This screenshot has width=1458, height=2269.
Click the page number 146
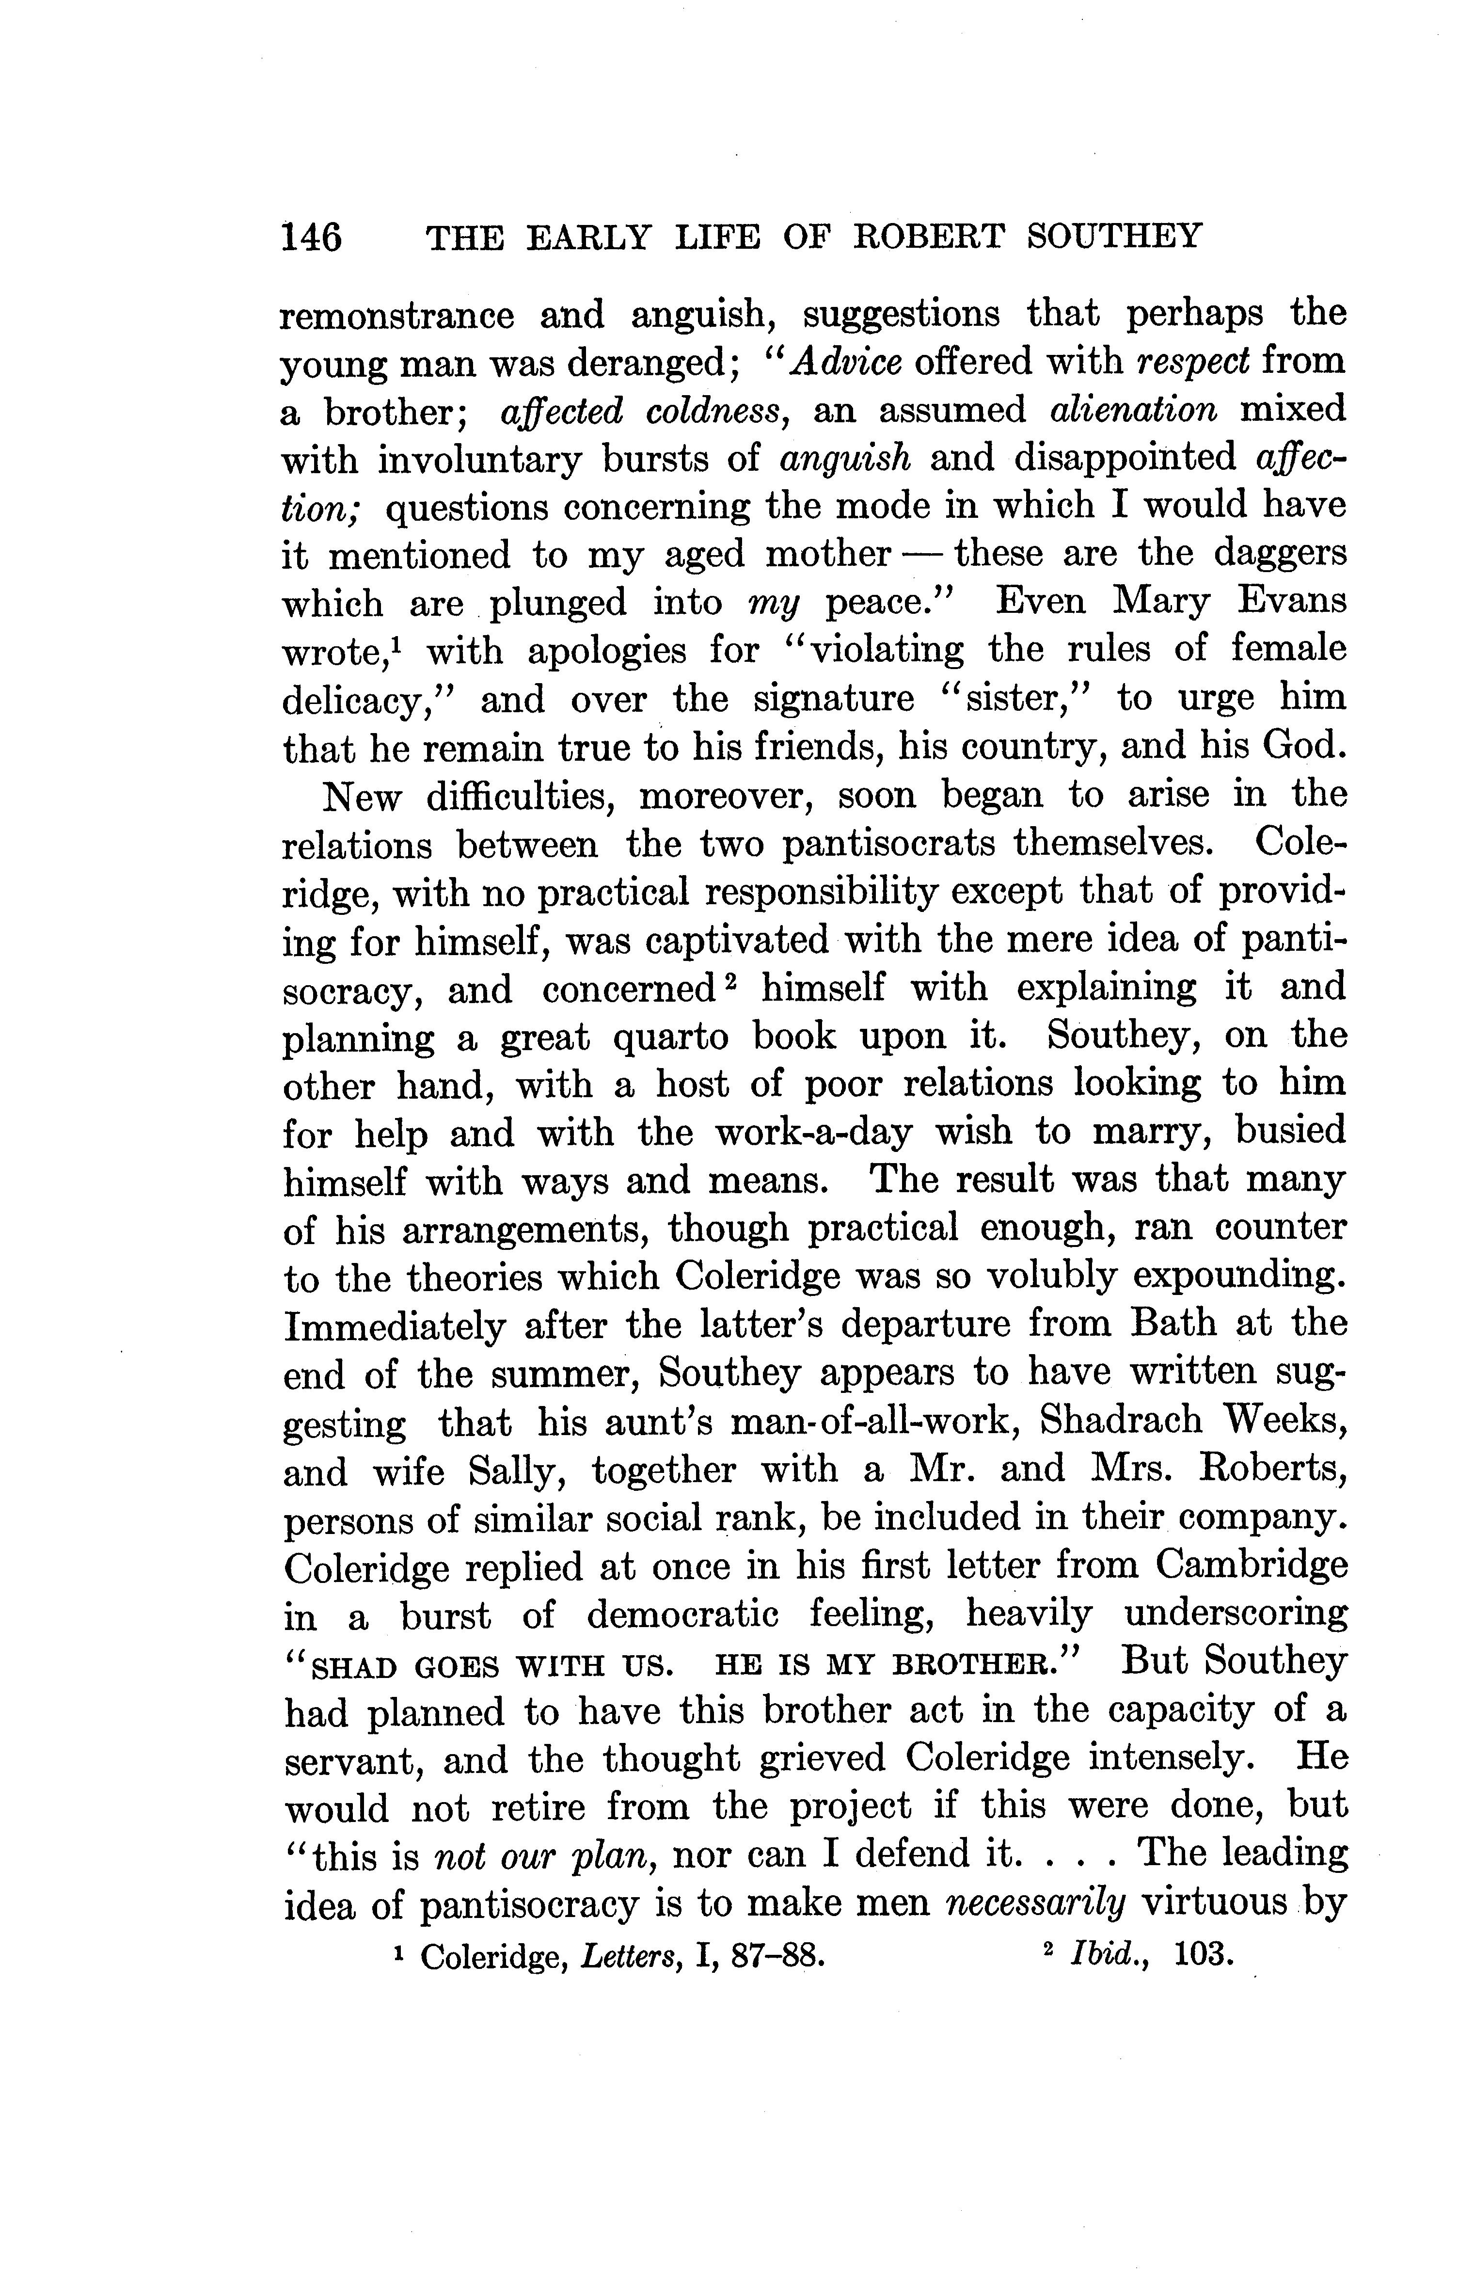pos(311,237)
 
